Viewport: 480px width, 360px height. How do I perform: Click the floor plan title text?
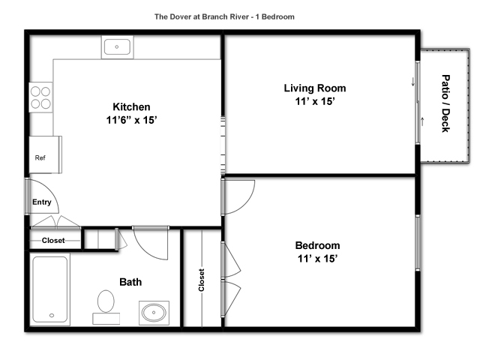point(224,16)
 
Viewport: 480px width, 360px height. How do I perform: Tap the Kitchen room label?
point(132,106)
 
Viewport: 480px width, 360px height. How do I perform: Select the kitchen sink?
point(117,47)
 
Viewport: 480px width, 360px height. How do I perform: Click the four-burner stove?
point(40,97)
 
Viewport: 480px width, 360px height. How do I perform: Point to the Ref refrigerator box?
point(45,154)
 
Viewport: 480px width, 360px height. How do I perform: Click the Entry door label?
point(42,202)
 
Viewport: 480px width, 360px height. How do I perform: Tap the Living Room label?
point(315,88)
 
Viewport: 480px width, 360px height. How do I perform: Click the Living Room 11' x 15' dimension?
point(315,101)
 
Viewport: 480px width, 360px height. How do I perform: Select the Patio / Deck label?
point(445,103)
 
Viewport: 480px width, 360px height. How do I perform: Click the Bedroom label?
point(317,245)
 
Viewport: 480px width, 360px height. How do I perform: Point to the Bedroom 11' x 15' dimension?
point(317,259)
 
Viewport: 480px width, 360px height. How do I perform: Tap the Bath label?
point(130,282)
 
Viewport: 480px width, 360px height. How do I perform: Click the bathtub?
point(50,289)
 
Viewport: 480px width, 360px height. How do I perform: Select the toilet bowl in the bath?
point(106,301)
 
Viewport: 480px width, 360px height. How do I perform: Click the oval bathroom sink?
point(154,313)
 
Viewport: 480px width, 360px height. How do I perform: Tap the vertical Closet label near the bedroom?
point(201,280)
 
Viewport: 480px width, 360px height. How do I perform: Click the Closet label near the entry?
point(53,241)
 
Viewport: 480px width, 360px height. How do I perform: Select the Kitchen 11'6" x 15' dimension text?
point(132,120)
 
